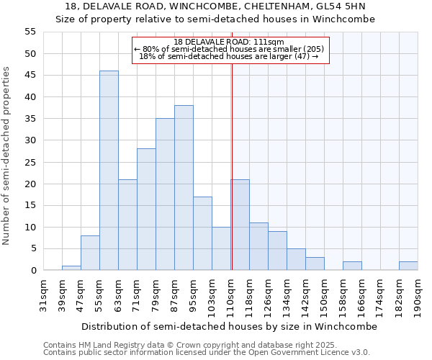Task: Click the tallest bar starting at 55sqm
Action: [x=109, y=171]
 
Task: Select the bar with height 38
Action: [x=184, y=188]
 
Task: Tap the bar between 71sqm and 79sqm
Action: [x=146, y=210]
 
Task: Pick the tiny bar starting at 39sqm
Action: [x=71, y=268]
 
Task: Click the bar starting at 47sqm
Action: [x=90, y=253]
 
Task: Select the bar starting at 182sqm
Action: [x=408, y=266]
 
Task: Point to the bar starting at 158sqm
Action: [x=352, y=266]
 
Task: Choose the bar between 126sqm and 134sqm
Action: [x=277, y=251]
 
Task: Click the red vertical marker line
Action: [x=232, y=180]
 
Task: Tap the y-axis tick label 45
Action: [x=30, y=76]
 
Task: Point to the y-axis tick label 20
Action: [x=30, y=184]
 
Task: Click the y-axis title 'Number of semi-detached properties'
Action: [x=7, y=156]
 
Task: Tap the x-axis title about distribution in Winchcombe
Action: [x=229, y=326]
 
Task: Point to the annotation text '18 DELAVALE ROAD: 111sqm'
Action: [x=229, y=42]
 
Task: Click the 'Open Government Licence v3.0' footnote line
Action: [x=207, y=353]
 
